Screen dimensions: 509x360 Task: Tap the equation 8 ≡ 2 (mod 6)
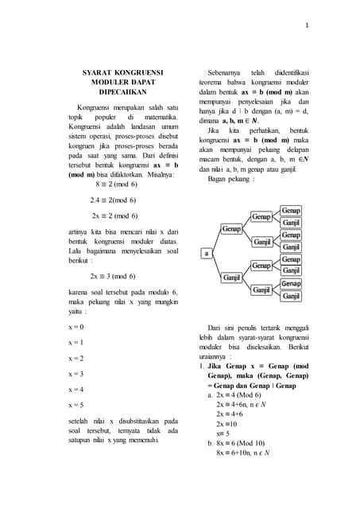pyautogui.click(x=116, y=183)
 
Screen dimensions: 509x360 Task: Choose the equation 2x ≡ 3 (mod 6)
pyautogui.click(x=113, y=276)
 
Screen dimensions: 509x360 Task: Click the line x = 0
pyautogui.click(x=75, y=327)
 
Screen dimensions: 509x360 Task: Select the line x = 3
pyautogui.click(x=75, y=373)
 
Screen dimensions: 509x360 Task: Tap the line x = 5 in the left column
pyautogui.click(x=75, y=405)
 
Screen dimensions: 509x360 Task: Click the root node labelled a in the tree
pyautogui.click(x=207, y=253)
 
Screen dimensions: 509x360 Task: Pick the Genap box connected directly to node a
pyautogui.click(x=231, y=229)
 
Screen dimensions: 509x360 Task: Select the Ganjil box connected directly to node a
pyautogui.click(x=231, y=278)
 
